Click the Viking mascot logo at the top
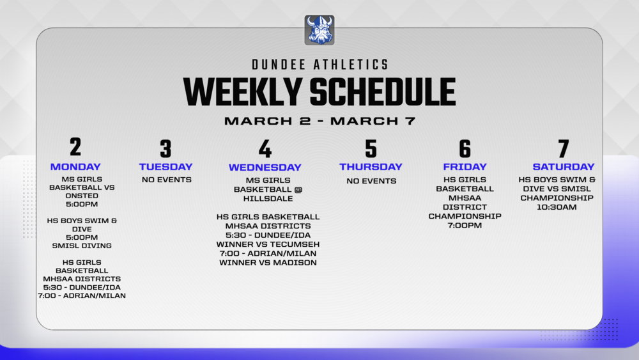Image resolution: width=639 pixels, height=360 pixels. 319,30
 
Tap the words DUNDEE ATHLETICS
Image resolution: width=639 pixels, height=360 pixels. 319,65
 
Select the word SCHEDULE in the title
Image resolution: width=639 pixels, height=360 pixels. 383,92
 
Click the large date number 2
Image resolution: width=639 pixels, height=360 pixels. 75,147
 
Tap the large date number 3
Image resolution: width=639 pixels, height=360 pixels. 166,149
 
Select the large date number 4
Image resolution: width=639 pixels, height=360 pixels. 265,149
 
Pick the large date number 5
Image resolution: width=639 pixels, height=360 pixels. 371,149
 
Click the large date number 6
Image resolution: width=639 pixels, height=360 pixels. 465,149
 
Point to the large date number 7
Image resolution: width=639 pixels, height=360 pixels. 563,149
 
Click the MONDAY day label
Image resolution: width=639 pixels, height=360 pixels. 75,167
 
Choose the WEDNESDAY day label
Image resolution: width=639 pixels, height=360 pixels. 265,168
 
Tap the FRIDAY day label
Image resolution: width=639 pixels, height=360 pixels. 465,167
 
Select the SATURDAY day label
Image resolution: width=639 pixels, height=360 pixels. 563,167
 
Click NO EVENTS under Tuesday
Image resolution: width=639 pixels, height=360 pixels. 166,180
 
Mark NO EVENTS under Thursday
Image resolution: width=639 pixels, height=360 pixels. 371,181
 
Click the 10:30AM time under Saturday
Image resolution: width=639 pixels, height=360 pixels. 557,207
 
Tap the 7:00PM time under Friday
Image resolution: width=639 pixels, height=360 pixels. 465,225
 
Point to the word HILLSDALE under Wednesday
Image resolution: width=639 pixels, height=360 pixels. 265,198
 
